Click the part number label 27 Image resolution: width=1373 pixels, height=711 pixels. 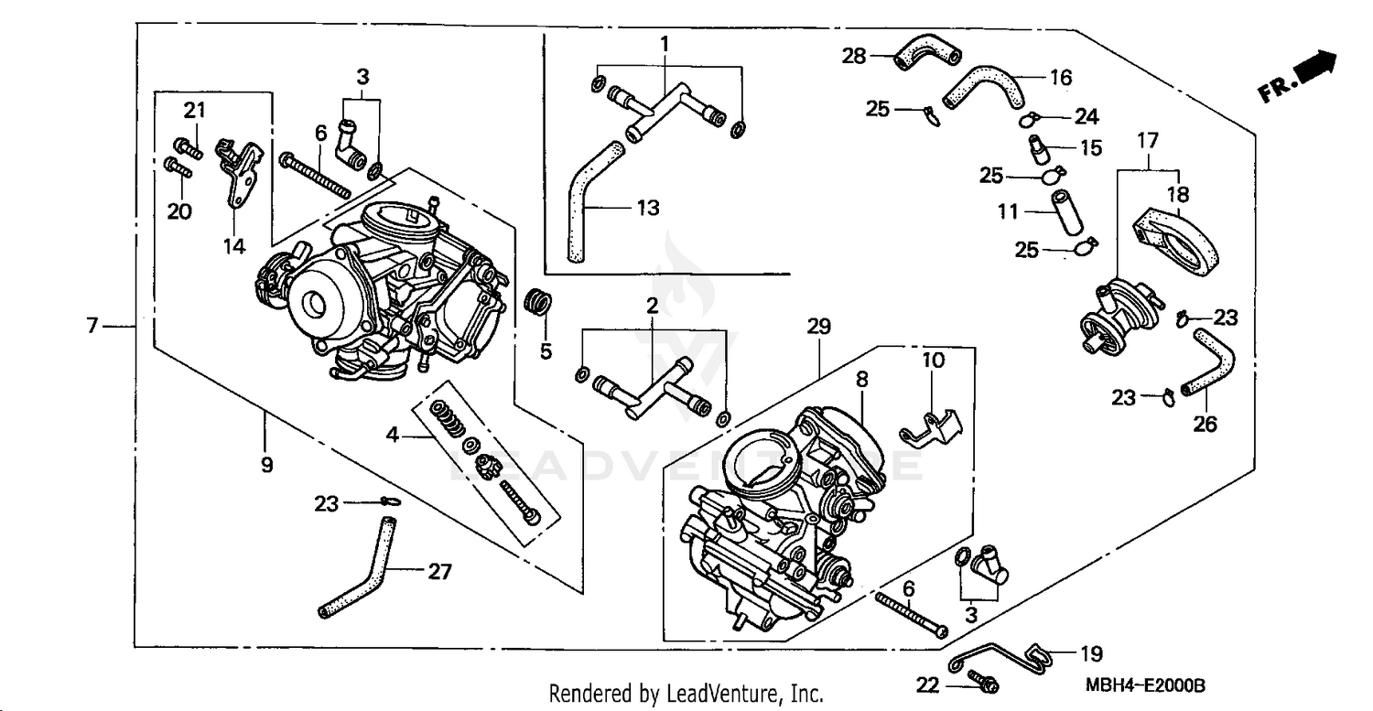[439, 572]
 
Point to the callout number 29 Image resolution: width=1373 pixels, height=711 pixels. [818, 326]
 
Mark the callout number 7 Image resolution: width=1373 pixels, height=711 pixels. [92, 326]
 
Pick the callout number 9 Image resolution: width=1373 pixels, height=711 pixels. [266, 465]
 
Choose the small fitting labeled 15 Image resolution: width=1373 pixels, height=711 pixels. [1040, 146]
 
